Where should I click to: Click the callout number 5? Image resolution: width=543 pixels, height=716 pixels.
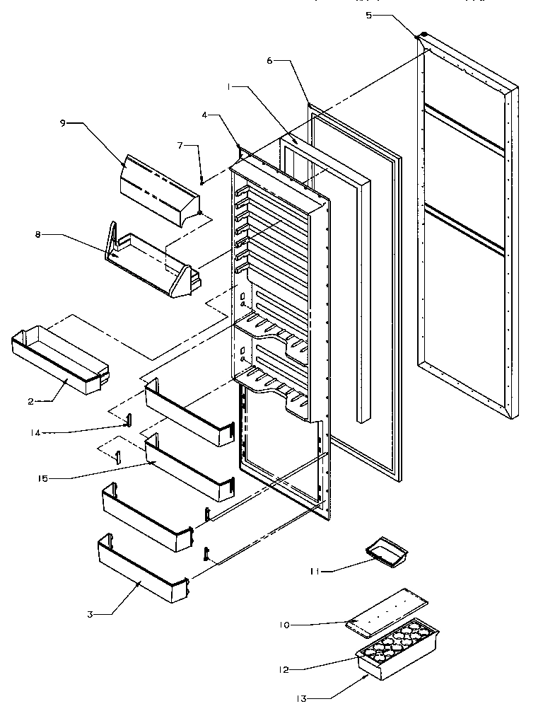(x=368, y=15)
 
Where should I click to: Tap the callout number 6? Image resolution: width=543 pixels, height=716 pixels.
(x=269, y=61)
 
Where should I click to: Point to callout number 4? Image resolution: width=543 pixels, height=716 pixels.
(x=205, y=115)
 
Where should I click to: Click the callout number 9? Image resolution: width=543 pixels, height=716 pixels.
(x=62, y=122)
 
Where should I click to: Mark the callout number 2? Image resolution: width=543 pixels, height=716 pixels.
(x=31, y=401)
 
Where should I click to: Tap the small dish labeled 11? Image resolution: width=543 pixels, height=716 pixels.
(x=387, y=552)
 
